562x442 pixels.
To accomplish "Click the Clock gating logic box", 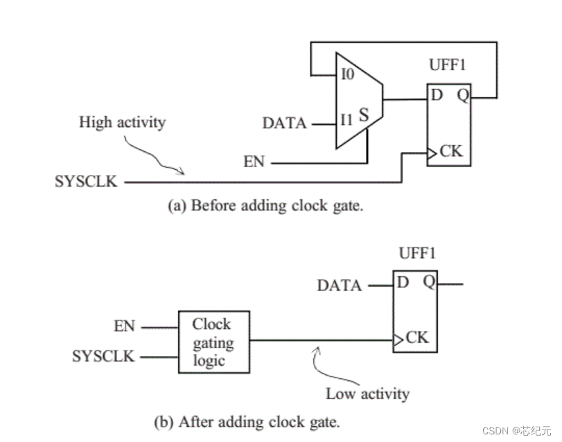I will point(213,343).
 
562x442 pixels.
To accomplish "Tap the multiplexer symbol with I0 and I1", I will point(358,100).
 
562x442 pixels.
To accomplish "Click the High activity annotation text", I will point(123,123).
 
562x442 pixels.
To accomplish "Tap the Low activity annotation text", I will point(367,393).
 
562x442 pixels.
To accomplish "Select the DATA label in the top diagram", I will point(284,124).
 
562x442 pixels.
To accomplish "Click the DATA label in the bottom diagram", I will point(340,285).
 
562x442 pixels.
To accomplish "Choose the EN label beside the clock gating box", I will point(125,325).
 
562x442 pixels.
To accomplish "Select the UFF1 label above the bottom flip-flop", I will point(418,254).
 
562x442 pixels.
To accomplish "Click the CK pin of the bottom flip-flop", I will point(416,339).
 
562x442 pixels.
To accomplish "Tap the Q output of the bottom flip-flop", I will point(429,282).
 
